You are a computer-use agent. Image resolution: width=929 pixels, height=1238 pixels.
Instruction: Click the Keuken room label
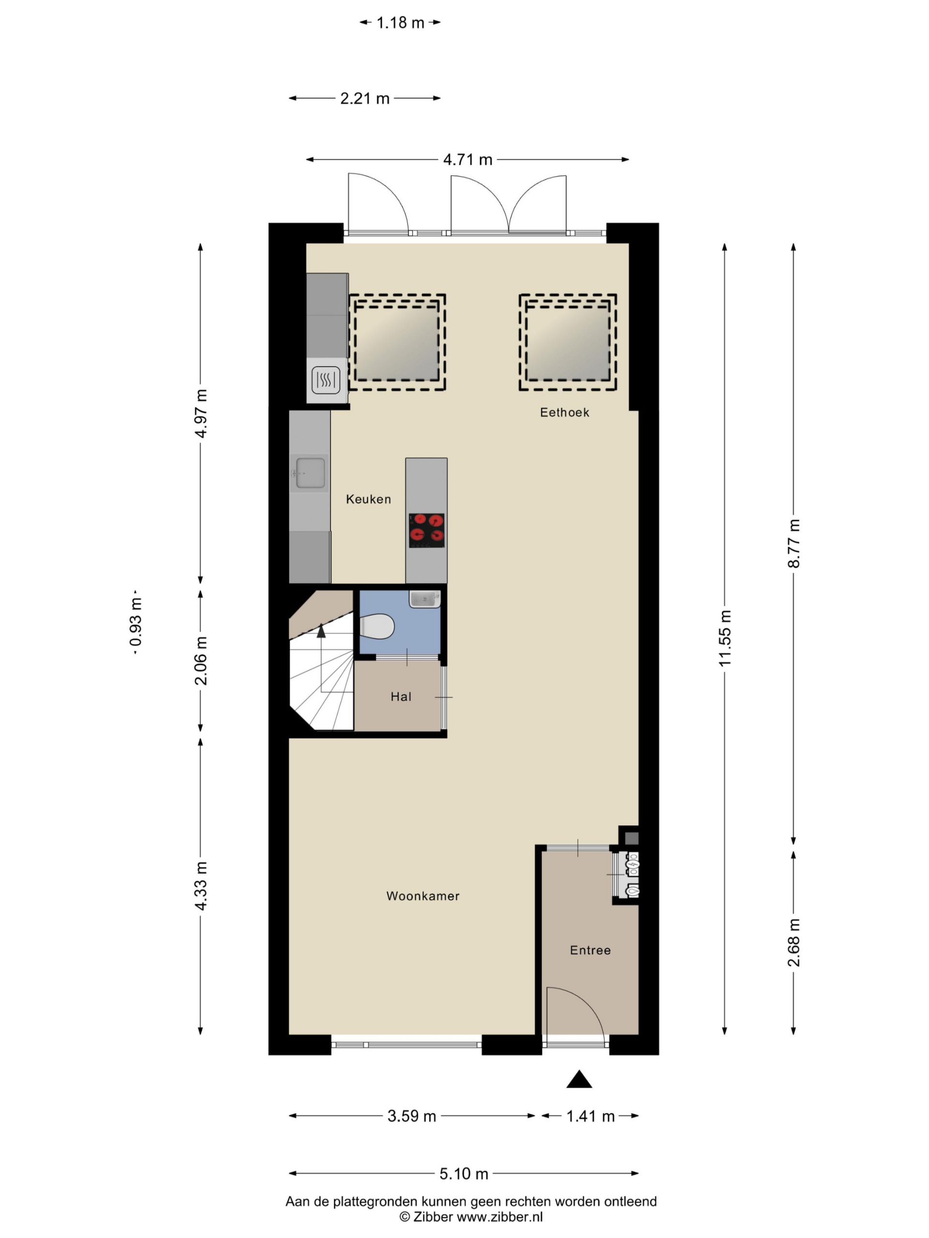[368, 499]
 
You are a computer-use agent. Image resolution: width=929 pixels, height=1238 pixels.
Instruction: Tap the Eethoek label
[565, 413]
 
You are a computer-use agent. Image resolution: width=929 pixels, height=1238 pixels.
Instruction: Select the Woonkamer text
[423, 896]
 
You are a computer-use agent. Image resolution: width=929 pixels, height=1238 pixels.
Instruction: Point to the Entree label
[590, 950]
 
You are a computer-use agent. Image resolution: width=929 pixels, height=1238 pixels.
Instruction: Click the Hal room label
[401, 697]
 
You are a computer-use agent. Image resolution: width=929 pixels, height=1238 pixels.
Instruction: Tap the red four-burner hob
[427, 530]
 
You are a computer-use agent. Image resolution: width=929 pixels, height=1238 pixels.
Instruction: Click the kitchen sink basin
[310, 473]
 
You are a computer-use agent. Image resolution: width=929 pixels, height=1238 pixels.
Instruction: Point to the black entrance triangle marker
[579, 1079]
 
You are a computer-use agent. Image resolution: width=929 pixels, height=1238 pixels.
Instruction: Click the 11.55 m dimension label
[725, 638]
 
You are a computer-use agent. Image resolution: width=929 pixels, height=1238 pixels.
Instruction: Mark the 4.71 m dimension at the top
[467, 160]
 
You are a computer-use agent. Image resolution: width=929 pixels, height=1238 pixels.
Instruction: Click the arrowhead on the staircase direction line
[321, 631]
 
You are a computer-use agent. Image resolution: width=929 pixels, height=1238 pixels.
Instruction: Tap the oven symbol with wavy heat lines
[326, 381]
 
